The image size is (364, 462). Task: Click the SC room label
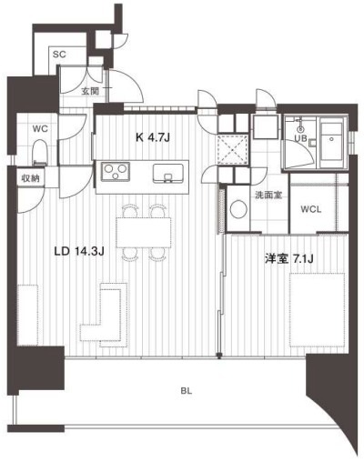59,55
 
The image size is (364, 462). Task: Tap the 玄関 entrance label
90,91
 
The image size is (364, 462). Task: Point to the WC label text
40,129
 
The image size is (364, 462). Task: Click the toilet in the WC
40,153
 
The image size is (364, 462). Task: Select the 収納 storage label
30,179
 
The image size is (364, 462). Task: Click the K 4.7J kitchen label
152,138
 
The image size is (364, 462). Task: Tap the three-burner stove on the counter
115,172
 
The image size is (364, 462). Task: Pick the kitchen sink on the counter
168,173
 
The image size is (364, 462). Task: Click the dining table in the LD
144,232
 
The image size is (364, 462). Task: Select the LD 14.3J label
79,251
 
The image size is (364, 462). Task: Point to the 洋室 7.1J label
289,259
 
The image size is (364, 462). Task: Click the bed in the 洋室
318,309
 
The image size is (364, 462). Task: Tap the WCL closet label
311,209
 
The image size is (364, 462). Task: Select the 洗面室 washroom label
268,196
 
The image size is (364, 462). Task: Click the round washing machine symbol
238,209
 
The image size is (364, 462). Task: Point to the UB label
301,138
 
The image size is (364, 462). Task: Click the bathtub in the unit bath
332,142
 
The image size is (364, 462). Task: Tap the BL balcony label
187,391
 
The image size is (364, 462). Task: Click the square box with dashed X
233,149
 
